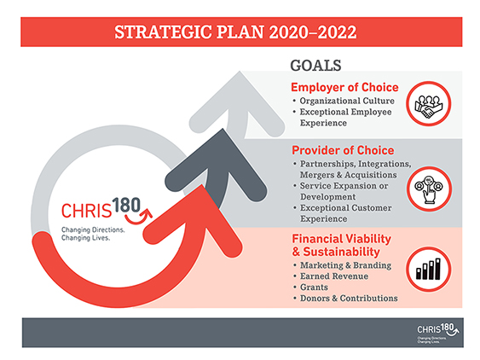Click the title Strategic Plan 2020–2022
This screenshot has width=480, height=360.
[235, 32]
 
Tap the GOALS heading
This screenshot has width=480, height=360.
[315, 66]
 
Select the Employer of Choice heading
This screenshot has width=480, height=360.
[344, 87]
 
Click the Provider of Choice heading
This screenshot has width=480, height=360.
[343, 150]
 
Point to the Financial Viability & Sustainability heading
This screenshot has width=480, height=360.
[341, 245]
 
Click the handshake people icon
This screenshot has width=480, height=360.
[429, 104]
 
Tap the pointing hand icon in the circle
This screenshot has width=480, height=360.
[429, 189]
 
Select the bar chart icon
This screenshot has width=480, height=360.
[429, 270]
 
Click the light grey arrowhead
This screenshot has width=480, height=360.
[237, 102]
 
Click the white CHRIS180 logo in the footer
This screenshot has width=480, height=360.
[437, 333]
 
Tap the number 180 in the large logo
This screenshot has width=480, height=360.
[126, 206]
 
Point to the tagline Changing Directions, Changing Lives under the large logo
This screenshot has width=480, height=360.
[93, 234]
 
